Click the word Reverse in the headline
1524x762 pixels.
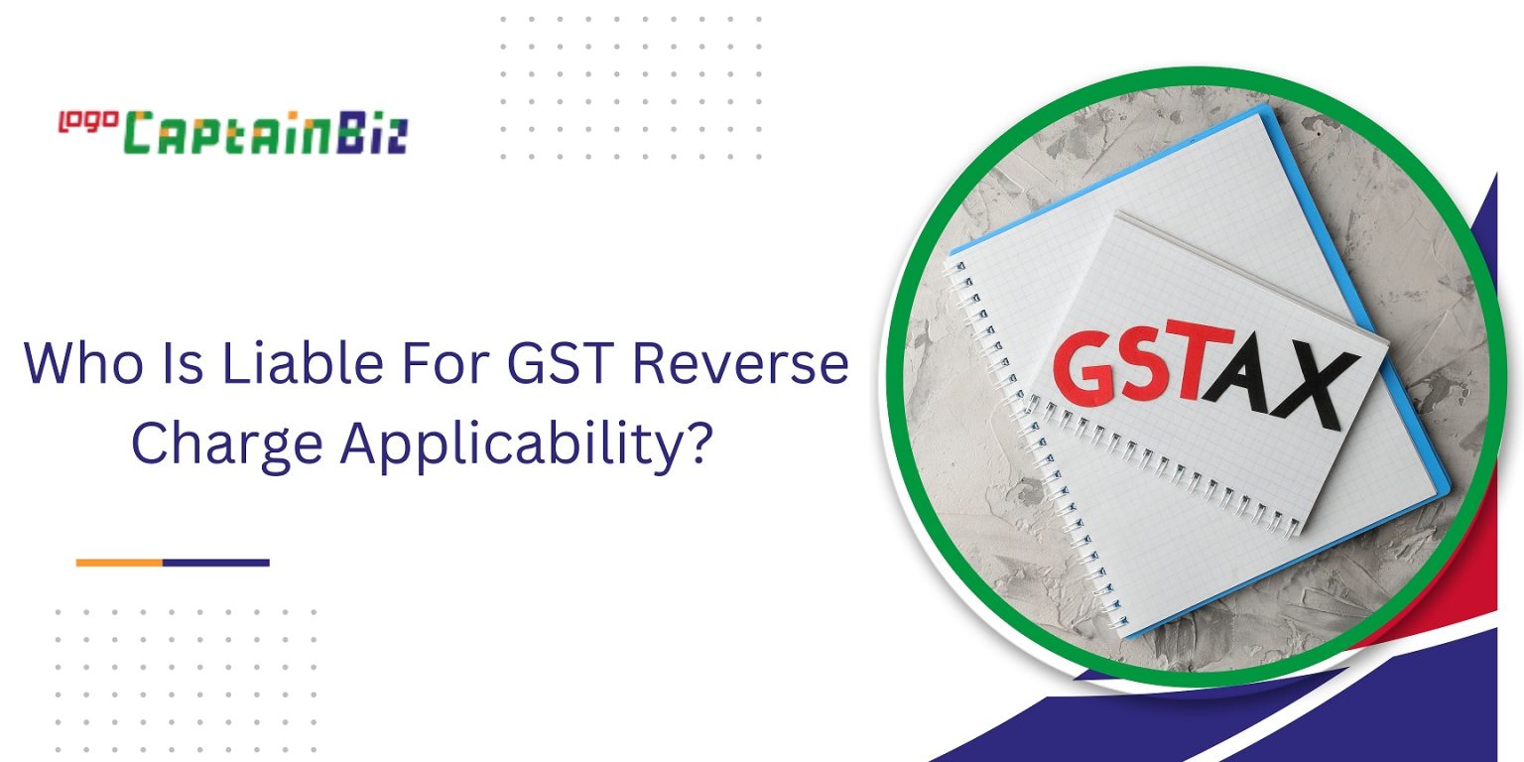click(742, 365)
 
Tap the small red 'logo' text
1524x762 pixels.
click(88, 121)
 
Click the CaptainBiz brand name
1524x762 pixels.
click(268, 133)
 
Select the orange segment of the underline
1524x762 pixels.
click(119, 563)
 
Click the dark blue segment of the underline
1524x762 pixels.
click(215, 563)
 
